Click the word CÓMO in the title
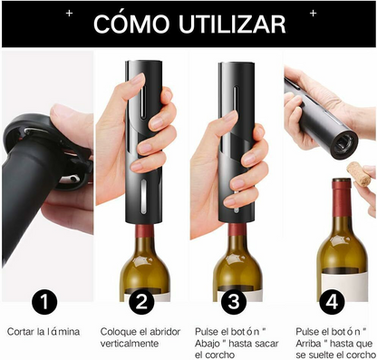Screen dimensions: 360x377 coord(134,23)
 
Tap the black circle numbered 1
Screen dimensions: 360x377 coord(46,302)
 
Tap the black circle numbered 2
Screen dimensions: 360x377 coord(140,302)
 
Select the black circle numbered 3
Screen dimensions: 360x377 coord(235,302)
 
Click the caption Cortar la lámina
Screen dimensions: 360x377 coord(43,332)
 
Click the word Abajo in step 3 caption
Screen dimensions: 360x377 coord(214,345)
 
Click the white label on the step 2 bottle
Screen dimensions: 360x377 coord(148,296)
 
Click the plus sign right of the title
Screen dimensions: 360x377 coord(313,14)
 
